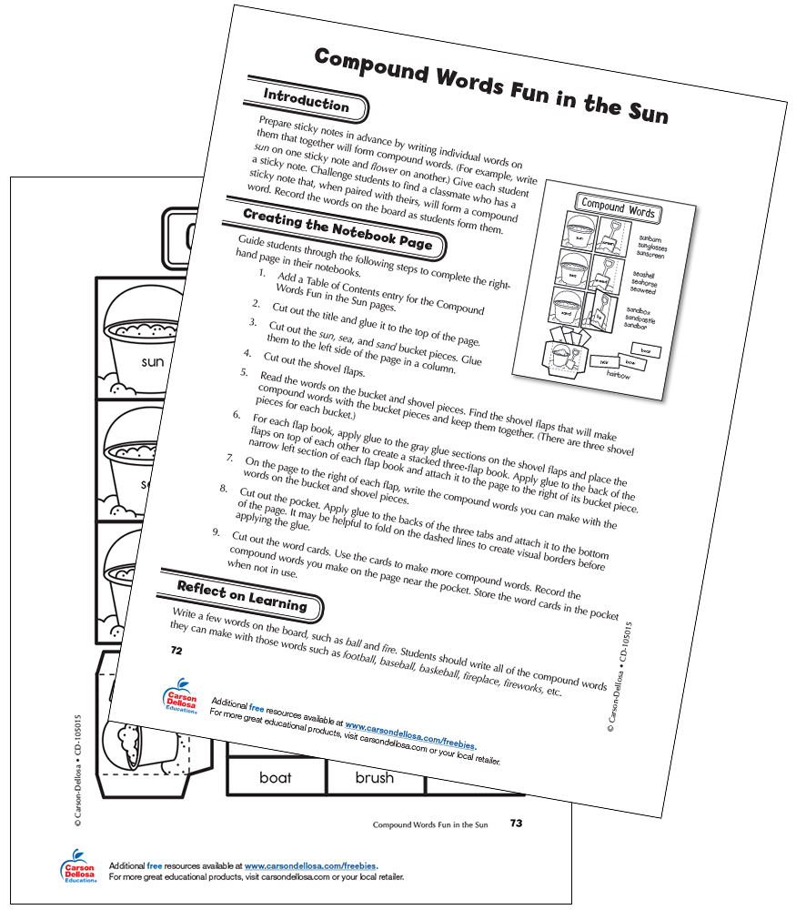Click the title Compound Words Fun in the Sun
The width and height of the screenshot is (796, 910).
tap(490, 85)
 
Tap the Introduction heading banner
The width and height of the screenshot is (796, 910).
tap(306, 102)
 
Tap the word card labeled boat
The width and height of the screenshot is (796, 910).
tap(276, 777)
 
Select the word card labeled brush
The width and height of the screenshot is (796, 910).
tap(374, 777)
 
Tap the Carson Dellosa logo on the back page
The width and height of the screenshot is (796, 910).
tap(77, 866)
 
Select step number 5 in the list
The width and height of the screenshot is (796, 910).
tap(244, 373)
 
